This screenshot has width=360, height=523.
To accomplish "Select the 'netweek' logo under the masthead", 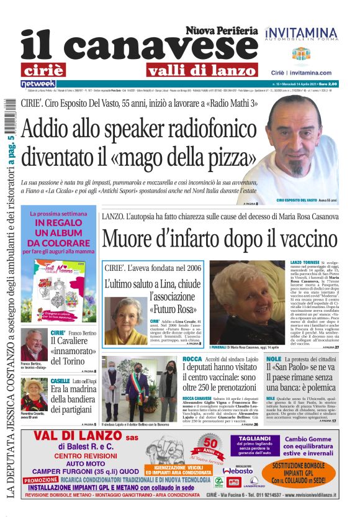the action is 38,83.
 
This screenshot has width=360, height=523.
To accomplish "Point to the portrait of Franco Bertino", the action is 33,345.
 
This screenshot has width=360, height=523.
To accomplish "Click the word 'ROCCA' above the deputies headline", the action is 194,360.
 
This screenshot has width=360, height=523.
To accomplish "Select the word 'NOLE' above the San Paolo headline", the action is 273,360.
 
